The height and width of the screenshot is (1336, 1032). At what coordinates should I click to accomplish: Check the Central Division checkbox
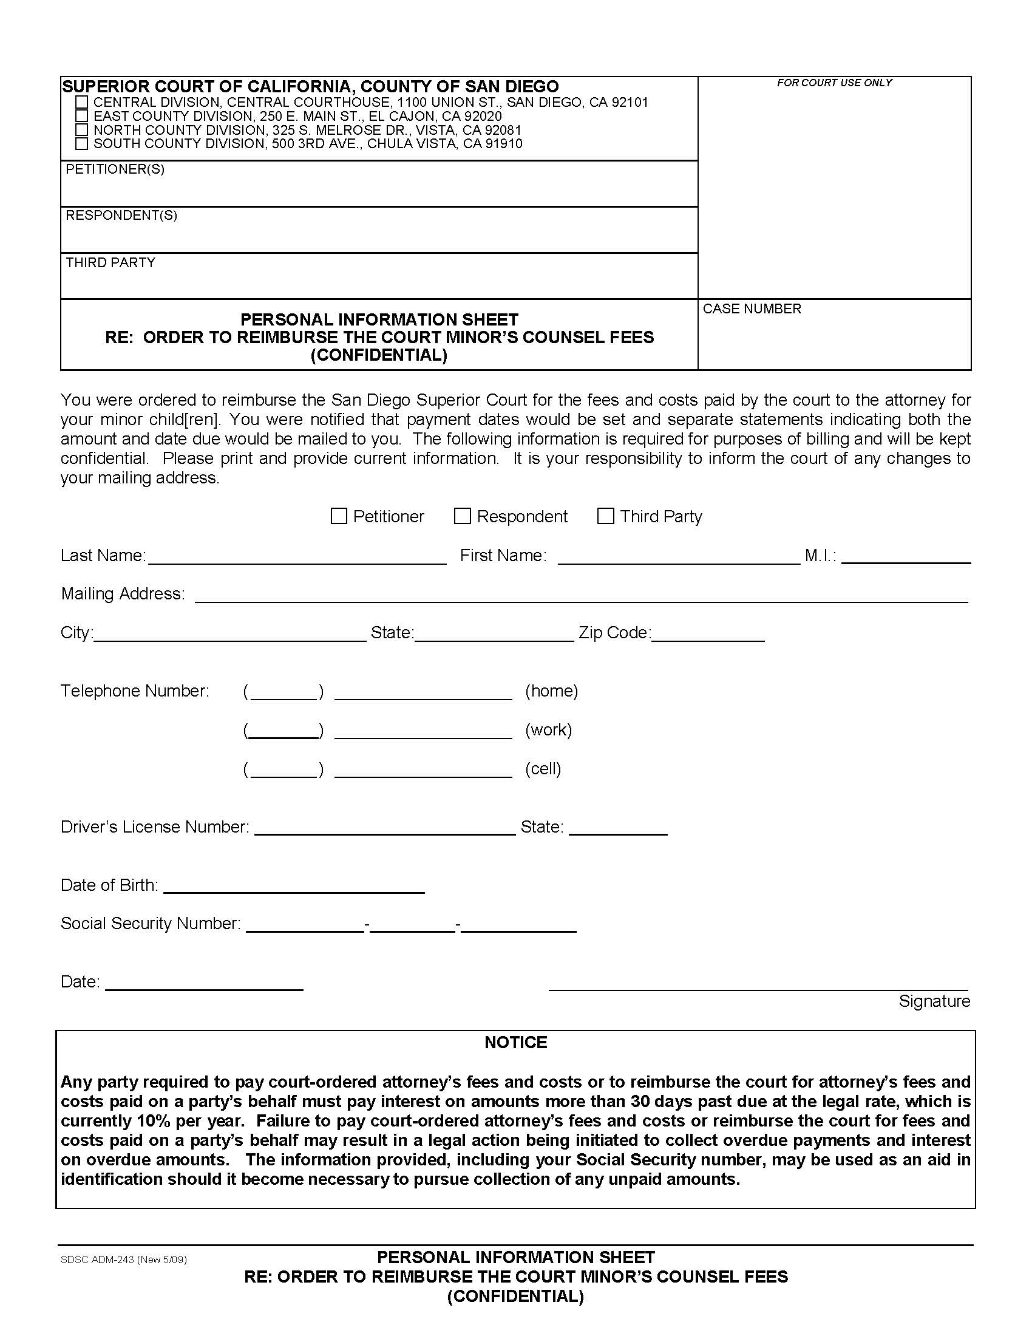click(x=82, y=102)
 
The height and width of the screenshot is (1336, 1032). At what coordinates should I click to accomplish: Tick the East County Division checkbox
click(x=82, y=115)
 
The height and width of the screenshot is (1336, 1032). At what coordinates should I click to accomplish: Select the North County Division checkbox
click(x=82, y=130)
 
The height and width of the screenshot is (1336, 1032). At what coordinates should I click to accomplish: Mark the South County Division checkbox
click(x=82, y=144)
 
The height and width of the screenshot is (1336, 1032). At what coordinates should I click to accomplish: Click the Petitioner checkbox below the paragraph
click(x=339, y=516)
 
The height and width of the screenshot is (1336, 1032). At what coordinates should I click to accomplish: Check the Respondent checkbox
click(x=462, y=516)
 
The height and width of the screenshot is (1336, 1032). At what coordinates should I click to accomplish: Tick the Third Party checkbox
click(x=605, y=516)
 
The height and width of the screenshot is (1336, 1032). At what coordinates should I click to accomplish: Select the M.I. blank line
click(x=906, y=557)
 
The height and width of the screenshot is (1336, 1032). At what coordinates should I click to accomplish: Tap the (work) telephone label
click(x=548, y=729)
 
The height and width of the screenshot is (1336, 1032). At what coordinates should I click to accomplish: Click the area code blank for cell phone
click(x=283, y=771)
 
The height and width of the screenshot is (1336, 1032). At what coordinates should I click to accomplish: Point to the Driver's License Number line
click(x=384, y=828)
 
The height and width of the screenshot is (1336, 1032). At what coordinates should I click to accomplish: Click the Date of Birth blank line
click(x=294, y=887)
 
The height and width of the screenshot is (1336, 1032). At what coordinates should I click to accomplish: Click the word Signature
click(x=934, y=1001)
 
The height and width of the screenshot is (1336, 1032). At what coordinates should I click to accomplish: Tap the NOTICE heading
click(x=515, y=1042)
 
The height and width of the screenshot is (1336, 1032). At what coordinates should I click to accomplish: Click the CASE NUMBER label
click(x=752, y=309)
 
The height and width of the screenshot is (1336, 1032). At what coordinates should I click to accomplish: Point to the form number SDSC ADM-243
click(x=123, y=1259)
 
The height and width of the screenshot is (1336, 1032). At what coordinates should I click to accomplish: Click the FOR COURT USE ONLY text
click(x=834, y=83)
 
